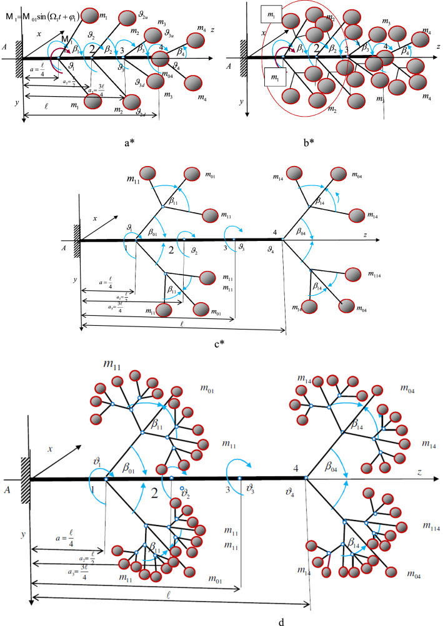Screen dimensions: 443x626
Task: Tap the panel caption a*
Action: tap(129, 142)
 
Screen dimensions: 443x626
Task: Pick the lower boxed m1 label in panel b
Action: tap(272, 77)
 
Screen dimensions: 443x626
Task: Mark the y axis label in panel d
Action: tap(24, 535)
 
